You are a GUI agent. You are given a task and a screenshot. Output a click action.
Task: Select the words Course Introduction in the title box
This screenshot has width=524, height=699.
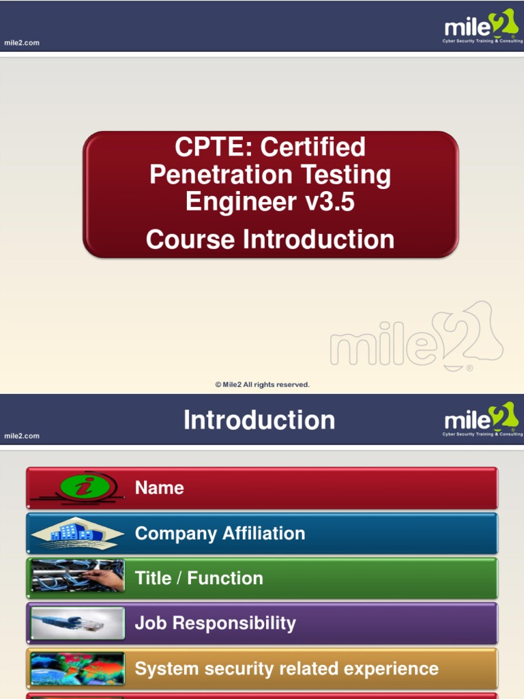pos(270,240)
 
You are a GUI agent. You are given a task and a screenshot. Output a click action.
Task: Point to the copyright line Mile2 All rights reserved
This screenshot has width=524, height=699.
pos(263,385)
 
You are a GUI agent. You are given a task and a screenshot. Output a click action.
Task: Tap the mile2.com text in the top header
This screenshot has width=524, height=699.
pos(22,42)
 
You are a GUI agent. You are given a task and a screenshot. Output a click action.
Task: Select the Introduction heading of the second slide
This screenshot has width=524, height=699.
pos(259,420)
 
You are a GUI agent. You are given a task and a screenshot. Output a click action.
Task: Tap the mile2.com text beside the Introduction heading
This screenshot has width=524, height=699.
pos(22,436)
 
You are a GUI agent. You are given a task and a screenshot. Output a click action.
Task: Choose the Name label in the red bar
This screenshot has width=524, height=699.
pos(159,487)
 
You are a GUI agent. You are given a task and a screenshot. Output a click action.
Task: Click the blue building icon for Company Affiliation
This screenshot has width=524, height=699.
pos(78,533)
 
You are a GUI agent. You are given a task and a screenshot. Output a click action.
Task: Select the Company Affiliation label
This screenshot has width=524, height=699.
pos(220,533)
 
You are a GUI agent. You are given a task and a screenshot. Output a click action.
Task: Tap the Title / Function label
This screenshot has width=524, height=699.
pos(199,578)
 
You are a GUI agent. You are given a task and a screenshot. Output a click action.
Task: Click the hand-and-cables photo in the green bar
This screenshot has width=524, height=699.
pos(78,577)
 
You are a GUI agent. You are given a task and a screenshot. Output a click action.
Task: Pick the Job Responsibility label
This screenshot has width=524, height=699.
pos(215,623)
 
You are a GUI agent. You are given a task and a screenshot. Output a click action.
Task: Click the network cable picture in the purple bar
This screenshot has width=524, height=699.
pos(78,623)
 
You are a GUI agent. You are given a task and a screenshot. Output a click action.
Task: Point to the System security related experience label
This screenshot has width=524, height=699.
pos(287,668)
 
